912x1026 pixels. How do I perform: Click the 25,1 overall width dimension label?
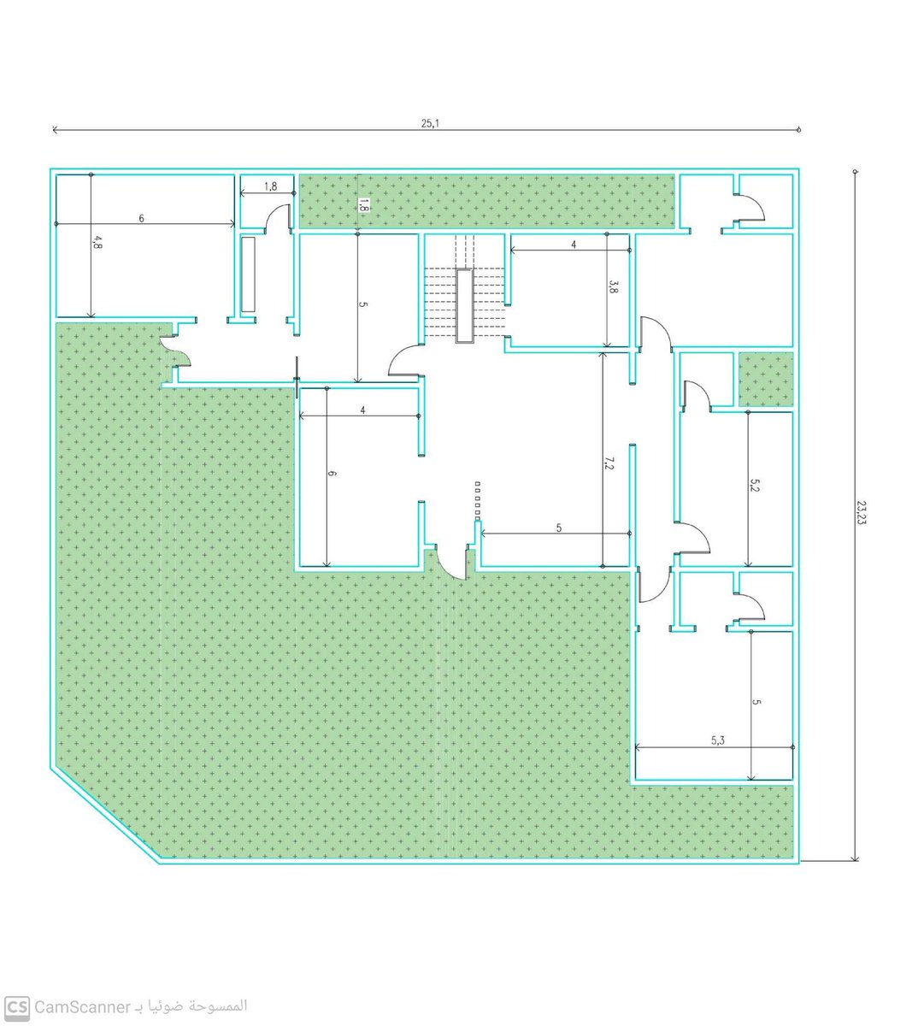(x=430, y=123)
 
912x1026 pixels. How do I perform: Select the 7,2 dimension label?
(x=609, y=463)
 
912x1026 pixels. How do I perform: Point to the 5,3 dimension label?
(x=717, y=740)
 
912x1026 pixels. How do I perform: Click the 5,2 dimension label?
(x=754, y=485)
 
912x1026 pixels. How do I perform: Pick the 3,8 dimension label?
(x=613, y=286)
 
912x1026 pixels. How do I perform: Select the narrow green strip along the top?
(x=486, y=202)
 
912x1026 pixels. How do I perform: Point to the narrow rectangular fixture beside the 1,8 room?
(x=248, y=274)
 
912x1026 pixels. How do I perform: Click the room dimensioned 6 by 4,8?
(x=144, y=245)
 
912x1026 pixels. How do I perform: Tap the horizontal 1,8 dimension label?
(x=270, y=186)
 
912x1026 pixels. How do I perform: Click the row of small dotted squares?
(x=478, y=501)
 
